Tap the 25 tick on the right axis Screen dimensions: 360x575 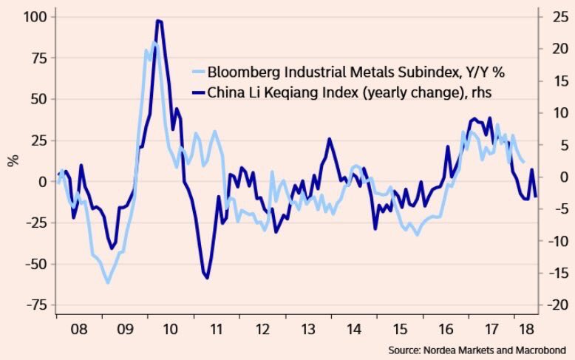tap(555, 16)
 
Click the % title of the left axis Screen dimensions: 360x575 tap(13, 160)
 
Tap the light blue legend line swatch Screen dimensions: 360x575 tap(197, 73)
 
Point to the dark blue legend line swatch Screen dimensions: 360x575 tap(197, 92)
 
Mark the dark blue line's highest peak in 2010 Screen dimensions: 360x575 tap(159, 21)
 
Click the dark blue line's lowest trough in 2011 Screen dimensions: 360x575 tap(207, 278)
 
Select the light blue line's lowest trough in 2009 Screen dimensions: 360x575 tap(108, 282)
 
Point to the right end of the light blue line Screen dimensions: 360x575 tap(524, 162)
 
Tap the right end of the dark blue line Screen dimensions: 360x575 tap(536, 196)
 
